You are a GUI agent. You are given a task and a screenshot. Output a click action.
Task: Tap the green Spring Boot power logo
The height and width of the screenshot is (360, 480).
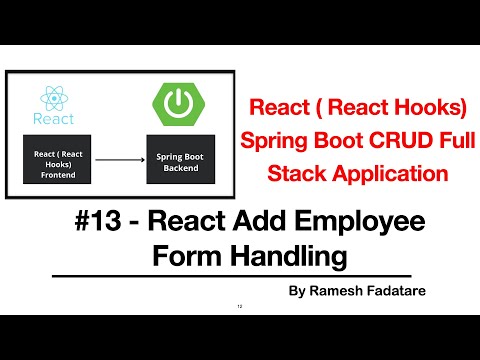click(180, 101)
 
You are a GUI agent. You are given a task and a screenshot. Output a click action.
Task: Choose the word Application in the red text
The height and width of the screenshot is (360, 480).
click(383, 172)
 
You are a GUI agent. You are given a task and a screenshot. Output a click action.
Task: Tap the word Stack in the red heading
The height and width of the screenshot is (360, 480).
click(293, 172)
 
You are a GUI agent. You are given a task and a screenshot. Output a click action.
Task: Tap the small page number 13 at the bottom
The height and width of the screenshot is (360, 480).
click(239, 307)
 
